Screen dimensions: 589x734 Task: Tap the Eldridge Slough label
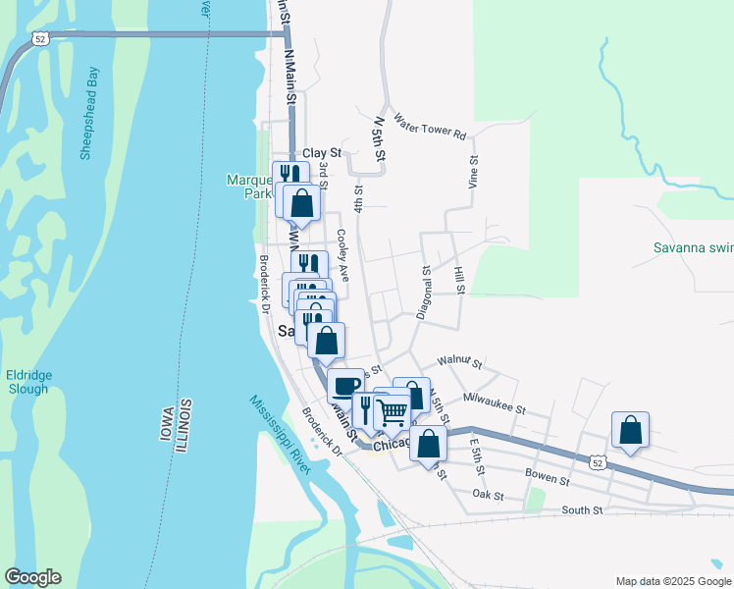click(28, 382)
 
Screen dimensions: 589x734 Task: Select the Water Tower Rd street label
click(429, 127)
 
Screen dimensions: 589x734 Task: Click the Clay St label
click(321, 153)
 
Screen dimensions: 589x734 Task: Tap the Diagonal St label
click(424, 292)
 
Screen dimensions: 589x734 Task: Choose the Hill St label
click(458, 279)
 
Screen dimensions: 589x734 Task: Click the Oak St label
click(488, 496)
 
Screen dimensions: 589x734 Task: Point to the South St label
click(582, 509)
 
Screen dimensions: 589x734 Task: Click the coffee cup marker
click(345, 385)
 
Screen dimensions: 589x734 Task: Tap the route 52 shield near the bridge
click(39, 38)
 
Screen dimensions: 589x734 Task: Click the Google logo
click(32, 576)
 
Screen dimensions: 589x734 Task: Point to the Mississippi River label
click(279, 433)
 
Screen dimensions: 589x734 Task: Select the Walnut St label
click(460, 363)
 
